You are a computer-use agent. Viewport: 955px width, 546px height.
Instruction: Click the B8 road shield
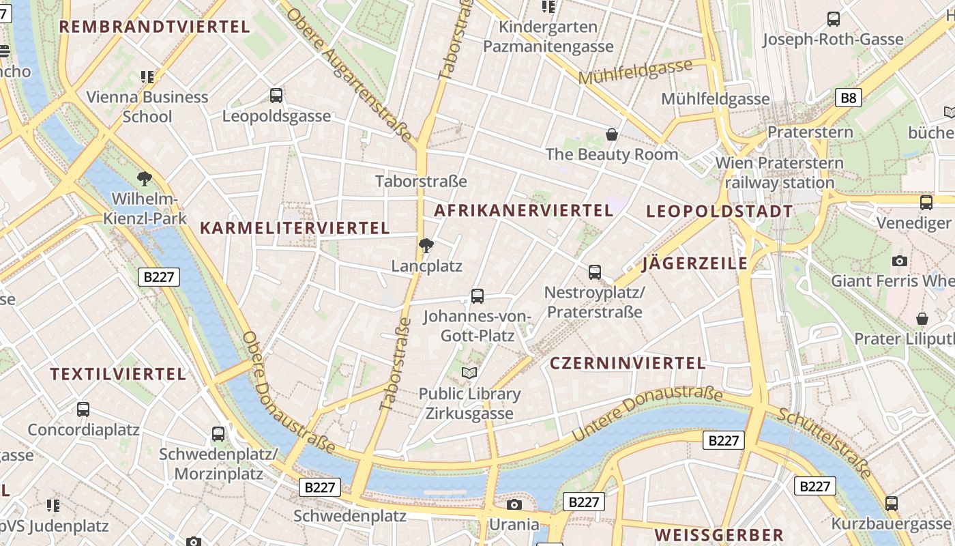(x=848, y=98)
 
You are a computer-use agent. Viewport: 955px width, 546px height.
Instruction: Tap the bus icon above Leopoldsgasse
(x=276, y=96)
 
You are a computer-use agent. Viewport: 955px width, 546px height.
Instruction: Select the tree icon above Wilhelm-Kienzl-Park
(x=144, y=179)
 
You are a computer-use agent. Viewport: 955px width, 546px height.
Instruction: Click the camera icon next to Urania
(x=514, y=504)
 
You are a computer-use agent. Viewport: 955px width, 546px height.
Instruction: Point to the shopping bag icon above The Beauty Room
(x=612, y=134)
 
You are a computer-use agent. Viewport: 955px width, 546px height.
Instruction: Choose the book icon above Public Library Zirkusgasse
(x=469, y=373)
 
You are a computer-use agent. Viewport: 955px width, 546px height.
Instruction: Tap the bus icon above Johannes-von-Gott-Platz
(x=477, y=296)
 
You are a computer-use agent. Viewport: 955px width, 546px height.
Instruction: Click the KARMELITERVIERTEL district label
(x=295, y=228)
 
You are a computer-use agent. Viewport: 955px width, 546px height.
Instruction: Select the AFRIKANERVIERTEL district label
(x=524, y=210)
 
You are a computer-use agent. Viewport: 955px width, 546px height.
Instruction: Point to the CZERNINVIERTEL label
(x=628, y=363)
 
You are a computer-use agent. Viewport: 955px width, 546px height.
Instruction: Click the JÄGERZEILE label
(x=695, y=263)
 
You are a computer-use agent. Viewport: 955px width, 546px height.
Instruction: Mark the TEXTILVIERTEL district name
(x=118, y=374)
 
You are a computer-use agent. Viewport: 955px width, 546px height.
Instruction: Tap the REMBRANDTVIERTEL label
(x=155, y=27)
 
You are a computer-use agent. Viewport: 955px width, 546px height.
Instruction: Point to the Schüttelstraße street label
(x=826, y=443)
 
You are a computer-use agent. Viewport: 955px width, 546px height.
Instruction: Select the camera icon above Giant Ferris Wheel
(x=900, y=261)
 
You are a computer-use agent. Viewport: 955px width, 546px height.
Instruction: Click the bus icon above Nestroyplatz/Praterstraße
(x=595, y=272)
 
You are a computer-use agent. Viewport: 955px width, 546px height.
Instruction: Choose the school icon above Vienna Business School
(x=147, y=76)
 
